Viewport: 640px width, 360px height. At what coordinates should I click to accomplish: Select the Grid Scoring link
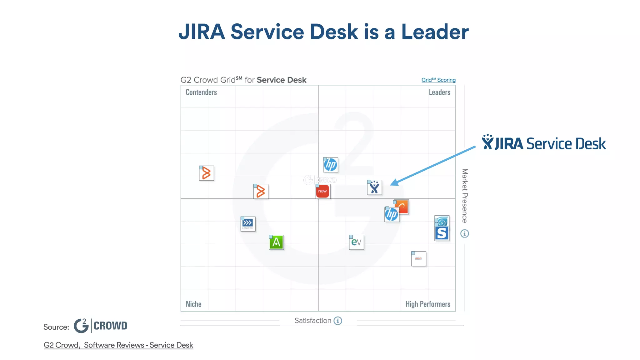point(438,80)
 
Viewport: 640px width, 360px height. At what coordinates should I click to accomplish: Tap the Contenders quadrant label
point(201,92)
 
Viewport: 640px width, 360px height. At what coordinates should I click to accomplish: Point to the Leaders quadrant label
point(439,92)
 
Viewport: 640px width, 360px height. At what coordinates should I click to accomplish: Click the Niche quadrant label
point(193,304)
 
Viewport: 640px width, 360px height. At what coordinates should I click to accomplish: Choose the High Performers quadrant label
point(427,304)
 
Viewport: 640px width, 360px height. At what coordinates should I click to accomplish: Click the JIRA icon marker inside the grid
point(374,187)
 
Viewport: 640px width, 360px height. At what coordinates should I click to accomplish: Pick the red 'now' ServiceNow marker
point(323,191)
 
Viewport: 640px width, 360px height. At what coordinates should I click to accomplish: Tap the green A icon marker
point(276,242)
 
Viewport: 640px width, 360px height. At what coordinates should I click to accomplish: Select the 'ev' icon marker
point(356,242)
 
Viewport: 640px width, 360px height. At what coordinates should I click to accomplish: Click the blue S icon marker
point(442,233)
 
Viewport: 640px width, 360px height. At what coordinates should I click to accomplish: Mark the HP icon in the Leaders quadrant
point(331,165)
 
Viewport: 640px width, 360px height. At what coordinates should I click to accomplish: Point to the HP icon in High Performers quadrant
point(392,214)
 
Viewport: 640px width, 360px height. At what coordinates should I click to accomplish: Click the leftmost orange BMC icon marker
point(207,173)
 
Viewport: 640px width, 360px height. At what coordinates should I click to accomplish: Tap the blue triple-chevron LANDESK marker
point(248,224)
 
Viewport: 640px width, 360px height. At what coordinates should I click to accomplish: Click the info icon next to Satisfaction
point(338,321)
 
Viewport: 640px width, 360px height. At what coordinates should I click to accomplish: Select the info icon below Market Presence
point(465,233)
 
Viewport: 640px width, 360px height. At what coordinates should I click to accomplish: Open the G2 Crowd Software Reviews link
point(118,345)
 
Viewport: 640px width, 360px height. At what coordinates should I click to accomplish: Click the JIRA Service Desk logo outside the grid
point(543,143)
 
